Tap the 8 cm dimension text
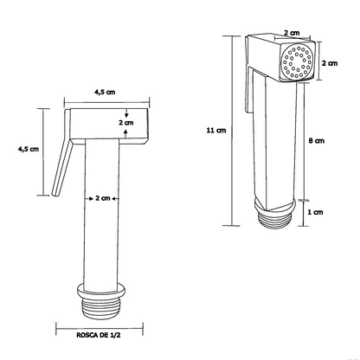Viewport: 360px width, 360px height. click(317, 140)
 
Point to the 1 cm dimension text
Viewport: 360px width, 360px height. click(317, 211)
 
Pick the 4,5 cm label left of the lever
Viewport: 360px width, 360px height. click(29, 150)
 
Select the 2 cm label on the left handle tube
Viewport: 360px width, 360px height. click(105, 198)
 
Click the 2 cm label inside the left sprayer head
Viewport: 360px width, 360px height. click(126, 123)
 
